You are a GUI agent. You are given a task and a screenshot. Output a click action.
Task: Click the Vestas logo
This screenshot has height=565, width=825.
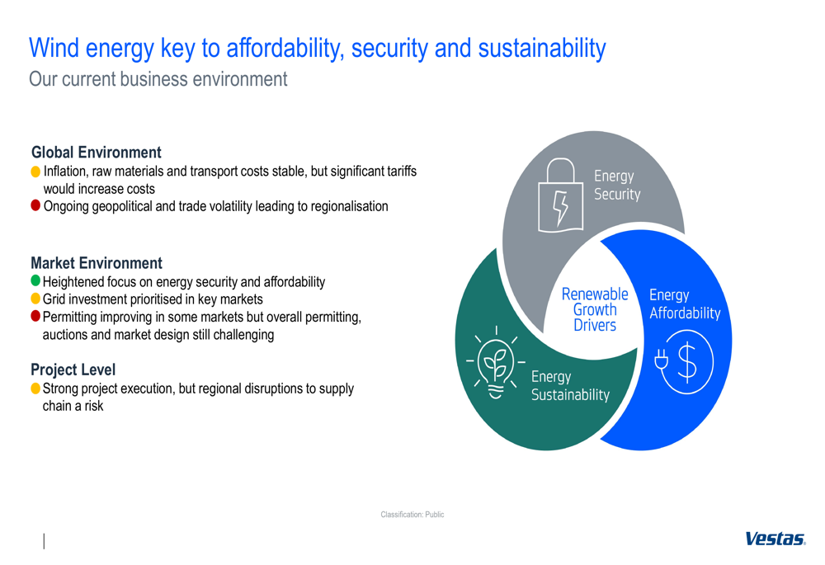pyautogui.click(x=775, y=539)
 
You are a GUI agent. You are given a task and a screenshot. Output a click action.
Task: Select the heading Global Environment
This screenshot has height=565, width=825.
pyautogui.click(x=97, y=153)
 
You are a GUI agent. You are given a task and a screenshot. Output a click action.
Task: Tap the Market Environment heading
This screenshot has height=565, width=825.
pyautogui.click(x=97, y=263)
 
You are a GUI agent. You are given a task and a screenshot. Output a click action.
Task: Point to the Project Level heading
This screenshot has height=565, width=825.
pyautogui.click(x=73, y=370)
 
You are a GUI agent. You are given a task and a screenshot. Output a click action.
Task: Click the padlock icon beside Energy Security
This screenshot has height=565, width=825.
pyautogui.click(x=560, y=195)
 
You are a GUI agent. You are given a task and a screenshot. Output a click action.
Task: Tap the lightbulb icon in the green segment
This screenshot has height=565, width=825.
pyautogui.click(x=495, y=362)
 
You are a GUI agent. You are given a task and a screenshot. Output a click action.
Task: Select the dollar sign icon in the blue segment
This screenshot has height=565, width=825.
pyautogui.click(x=685, y=361)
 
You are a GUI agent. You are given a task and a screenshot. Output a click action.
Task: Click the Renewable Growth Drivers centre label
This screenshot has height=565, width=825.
pyautogui.click(x=595, y=309)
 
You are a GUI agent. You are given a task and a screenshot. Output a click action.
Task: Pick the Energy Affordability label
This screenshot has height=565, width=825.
pyautogui.click(x=685, y=304)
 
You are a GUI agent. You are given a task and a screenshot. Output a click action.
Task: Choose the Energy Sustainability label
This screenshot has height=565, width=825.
pyautogui.click(x=570, y=386)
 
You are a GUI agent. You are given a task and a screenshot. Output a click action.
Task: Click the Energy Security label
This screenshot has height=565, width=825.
pyautogui.click(x=617, y=186)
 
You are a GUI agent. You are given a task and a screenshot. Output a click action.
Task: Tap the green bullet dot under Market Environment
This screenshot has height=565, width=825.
pyautogui.click(x=35, y=280)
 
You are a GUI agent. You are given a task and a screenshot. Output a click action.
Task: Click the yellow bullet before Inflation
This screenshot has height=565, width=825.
pyautogui.click(x=35, y=172)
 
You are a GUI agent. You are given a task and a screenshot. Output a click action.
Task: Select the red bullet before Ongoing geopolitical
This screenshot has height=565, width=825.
pyautogui.click(x=35, y=205)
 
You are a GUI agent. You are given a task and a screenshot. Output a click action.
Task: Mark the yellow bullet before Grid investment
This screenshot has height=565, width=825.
pyautogui.click(x=35, y=299)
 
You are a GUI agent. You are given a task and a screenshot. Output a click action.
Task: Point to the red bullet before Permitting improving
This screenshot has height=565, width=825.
pyautogui.click(x=35, y=316)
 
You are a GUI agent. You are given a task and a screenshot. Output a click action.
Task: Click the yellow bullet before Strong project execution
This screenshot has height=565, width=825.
pyautogui.click(x=35, y=388)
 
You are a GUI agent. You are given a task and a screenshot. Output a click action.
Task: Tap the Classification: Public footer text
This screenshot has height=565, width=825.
pyautogui.click(x=412, y=515)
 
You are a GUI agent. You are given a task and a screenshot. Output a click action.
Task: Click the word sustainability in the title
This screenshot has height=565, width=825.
pyautogui.click(x=542, y=49)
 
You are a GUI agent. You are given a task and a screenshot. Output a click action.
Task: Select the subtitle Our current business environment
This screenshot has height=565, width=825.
pyautogui.click(x=158, y=79)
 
